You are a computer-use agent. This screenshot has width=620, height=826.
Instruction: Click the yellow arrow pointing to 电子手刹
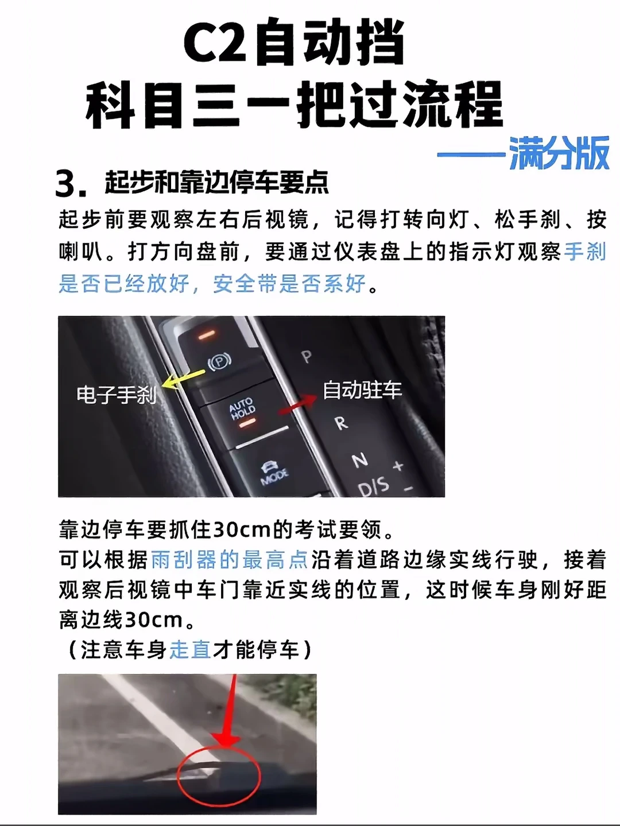coord(183,379)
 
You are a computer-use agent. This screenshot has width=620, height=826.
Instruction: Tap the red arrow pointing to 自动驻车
coord(298,404)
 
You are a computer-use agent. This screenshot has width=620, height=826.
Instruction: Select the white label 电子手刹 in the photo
coord(117,395)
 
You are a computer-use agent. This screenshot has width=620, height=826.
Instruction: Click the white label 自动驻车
coord(362,390)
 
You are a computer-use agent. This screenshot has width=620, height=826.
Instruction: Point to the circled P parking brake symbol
coord(219,361)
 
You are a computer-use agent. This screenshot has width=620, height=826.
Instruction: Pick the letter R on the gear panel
coord(340,423)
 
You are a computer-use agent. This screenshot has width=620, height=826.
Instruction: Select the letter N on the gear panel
coord(359,459)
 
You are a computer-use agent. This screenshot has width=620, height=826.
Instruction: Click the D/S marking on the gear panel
coord(373,486)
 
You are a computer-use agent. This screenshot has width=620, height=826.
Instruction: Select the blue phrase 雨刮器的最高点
coord(230,560)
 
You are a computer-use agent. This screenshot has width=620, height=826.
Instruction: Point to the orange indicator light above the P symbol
coord(207,334)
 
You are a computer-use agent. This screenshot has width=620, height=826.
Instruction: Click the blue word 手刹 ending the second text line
coord(586,251)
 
